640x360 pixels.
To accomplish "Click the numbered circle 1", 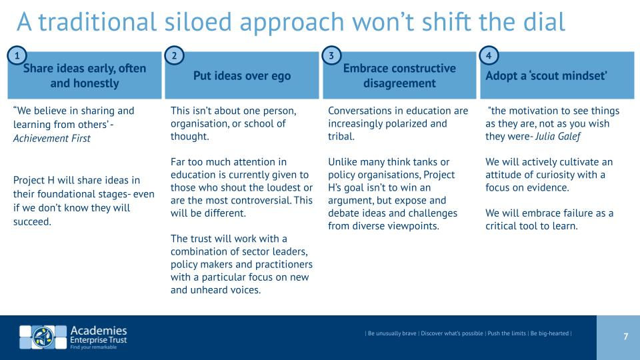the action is point(17,55).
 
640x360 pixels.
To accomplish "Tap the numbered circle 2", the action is point(174,55).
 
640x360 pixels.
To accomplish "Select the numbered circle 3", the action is point(331,55).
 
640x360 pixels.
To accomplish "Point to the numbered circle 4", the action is point(489,55).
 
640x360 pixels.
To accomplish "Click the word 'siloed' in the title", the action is point(198,21).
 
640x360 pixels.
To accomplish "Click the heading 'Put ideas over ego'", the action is point(242,76).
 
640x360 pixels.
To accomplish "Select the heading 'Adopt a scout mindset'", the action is point(546,75).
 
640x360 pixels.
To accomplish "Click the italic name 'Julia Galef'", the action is point(557,136).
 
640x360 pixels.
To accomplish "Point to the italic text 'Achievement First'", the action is point(52,139).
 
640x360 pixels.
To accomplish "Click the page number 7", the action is point(626,336).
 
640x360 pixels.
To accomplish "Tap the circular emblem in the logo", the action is point(43,337).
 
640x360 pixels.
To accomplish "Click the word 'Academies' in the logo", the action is point(99,331).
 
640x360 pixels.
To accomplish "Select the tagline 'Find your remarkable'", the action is point(93,347).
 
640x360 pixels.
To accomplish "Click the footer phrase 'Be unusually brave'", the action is point(392,333).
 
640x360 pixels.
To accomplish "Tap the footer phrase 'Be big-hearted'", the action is point(549,333).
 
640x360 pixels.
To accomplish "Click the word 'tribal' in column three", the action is point(341,136).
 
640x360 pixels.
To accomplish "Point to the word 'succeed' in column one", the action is point(32,221).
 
